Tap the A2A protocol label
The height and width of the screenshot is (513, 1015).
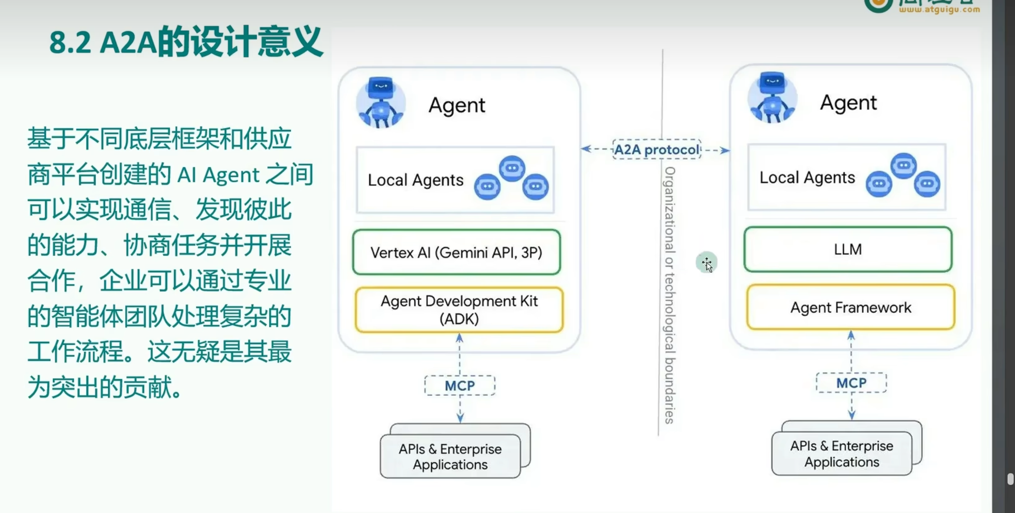click(x=657, y=150)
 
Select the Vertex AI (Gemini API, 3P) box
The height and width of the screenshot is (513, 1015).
click(x=456, y=252)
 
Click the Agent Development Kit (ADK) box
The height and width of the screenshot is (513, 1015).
click(x=459, y=310)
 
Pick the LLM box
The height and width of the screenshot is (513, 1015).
click(x=848, y=249)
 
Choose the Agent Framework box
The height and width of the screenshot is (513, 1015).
click(x=851, y=307)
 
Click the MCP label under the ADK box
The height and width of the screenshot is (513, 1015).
click(x=460, y=385)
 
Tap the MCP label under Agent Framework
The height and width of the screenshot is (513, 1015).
click(x=851, y=383)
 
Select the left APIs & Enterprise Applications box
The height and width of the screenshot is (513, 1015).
click(x=450, y=456)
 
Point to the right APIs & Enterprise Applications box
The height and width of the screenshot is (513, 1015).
click(x=842, y=454)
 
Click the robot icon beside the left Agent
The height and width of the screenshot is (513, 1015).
click(x=381, y=103)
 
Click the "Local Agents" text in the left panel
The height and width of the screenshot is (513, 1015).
click(x=416, y=180)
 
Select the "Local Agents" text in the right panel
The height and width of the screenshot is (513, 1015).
click(x=807, y=178)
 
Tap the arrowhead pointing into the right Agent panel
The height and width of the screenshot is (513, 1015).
click(x=725, y=150)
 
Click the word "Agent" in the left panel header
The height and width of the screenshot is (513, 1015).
click(x=457, y=105)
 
